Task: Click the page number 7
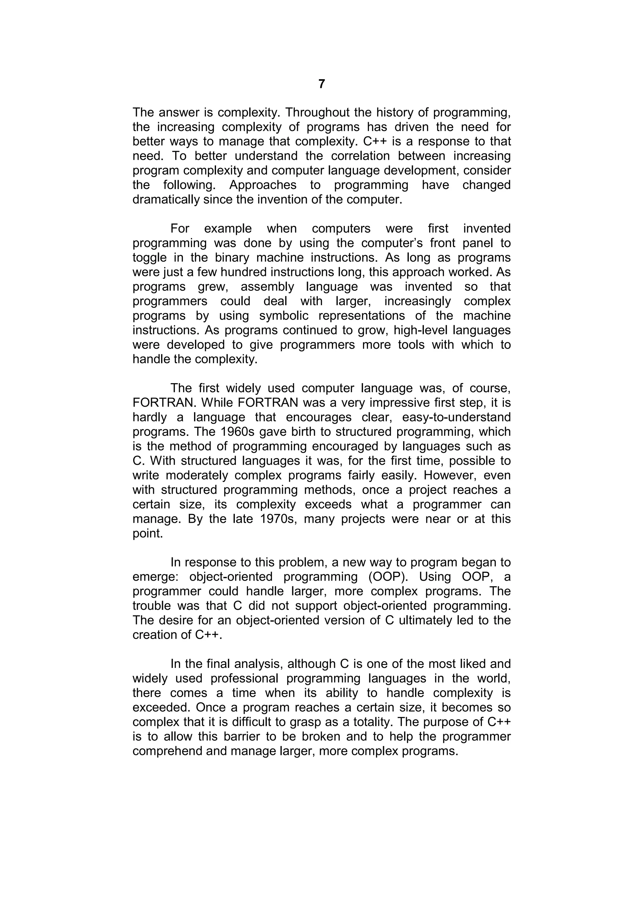[321, 84]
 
